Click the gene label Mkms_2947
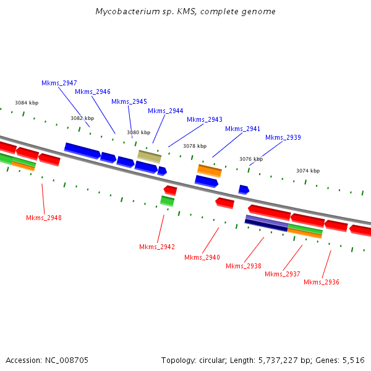click(x=59, y=83)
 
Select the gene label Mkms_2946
click(x=93, y=92)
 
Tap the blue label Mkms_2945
click(x=129, y=101)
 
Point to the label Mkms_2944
click(x=165, y=111)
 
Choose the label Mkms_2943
click(x=205, y=119)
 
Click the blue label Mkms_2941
click(x=242, y=129)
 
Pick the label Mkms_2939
click(x=283, y=137)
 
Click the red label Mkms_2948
click(x=44, y=218)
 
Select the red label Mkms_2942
click(x=157, y=247)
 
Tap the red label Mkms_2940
click(x=202, y=257)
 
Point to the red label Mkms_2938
click(x=244, y=266)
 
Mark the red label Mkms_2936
click(x=322, y=282)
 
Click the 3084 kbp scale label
click(x=27, y=103)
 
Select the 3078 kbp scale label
click(x=195, y=146)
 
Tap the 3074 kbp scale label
click(x=308, y=171)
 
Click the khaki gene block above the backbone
click(x=149, y=156)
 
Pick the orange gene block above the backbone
click(x=209, y=170)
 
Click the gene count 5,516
click(x=352, y=360)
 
